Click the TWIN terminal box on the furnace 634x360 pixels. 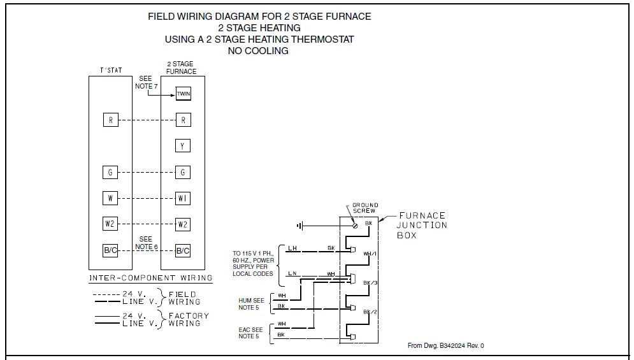[x=183, y=94]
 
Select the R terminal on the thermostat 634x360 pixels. [x=110, y=120]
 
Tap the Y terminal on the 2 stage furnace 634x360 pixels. [x=183, y=146]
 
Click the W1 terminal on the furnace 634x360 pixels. [x=183, y=198]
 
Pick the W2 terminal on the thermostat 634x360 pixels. [x=110, y=224]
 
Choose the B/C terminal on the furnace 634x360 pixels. [x=183, y=250]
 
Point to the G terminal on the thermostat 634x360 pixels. [x=110, y=172]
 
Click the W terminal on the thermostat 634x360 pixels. [x=110, y=198]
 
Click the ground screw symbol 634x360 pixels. [x=355, y=225]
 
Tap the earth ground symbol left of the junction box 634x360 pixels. [x=299, y=225]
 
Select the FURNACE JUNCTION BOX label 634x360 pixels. [x=421, y=226]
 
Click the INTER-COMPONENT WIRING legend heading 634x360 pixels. [x=150, y=278]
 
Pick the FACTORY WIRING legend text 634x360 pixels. [x=185, y=320]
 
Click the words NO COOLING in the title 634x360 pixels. [x=258, y=51]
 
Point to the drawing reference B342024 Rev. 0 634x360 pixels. [x=445, y=346]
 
